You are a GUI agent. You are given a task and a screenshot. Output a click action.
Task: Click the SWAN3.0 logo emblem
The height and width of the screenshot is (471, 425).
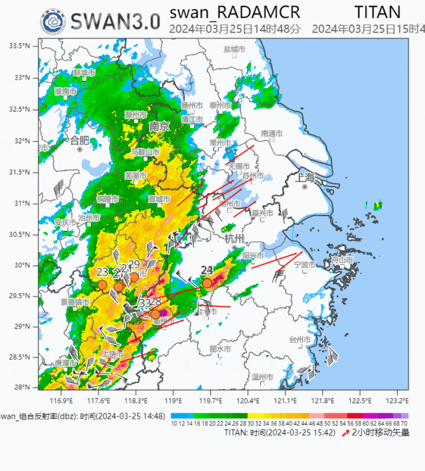[x=52, y=21]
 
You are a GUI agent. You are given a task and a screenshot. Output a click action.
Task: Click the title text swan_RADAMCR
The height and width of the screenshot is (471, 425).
[x=234, y=12]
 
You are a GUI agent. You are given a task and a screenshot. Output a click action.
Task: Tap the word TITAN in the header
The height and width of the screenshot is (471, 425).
[x=377, y=12]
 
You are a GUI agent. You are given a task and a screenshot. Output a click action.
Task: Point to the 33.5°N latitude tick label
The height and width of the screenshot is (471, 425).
[x=19, y=46]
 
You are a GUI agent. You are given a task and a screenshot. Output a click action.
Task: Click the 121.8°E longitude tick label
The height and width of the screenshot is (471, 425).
[x=323, y=401]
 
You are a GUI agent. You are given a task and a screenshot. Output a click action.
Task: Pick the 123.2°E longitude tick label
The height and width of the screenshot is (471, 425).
[x=397, y=401]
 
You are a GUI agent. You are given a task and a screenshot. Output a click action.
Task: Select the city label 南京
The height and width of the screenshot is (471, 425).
[x=159, y=126]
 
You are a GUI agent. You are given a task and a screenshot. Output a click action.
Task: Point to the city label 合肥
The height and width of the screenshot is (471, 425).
[x=79, y=140]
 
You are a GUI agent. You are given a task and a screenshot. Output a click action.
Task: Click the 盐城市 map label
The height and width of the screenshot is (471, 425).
[x=234, y=49]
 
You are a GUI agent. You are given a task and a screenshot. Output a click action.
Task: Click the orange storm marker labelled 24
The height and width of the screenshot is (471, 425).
[x=207, y=283]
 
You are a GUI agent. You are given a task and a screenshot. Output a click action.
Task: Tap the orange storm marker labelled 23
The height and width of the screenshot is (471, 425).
[x=102, y=285]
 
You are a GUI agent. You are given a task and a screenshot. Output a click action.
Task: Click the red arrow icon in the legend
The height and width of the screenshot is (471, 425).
[x=345, y=433]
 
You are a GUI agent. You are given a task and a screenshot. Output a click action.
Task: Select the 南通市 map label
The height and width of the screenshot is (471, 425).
[x=272, y=133]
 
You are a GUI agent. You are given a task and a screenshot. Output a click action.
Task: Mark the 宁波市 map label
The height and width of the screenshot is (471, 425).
[x=303, y=265]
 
